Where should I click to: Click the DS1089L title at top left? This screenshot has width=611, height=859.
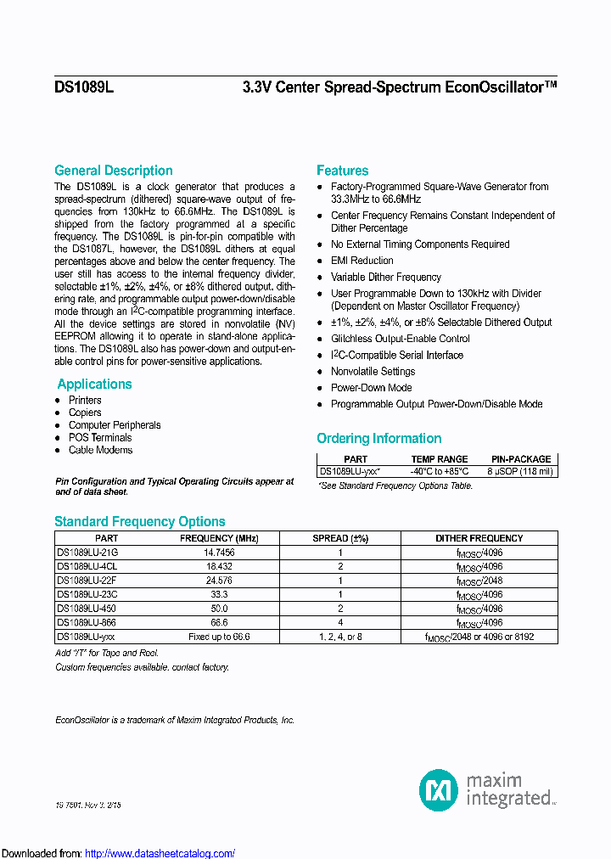coord(84,87)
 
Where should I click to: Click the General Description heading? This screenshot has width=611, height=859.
coord(114,171)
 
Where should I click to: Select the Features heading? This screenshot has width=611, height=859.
coord(343,171)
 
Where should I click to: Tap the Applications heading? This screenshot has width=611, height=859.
coord(94,385)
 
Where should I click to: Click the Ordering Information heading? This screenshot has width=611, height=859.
coord(379,439)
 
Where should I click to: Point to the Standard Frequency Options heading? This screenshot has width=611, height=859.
coord(140,522)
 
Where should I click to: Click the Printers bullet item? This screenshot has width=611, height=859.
coord(85,401)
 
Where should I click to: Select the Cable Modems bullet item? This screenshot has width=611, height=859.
coord(100,450)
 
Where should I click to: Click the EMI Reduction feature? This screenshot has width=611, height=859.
coord(362,261)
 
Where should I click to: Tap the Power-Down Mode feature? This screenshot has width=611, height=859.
coord(371,388)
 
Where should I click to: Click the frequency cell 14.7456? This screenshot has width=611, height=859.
coord(219,552)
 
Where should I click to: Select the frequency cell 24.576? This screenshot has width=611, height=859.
coord(219,580)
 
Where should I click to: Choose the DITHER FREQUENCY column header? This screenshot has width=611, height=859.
coord(479,538)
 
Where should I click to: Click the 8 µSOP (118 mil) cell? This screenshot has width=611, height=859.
coord(521,471)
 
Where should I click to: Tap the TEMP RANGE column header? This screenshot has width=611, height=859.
coord(440,459)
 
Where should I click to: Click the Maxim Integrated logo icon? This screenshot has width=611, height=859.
coord(439,790)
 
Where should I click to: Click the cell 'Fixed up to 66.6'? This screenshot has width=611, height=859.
coord(219,637)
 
